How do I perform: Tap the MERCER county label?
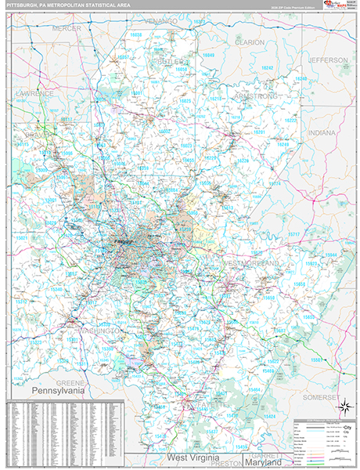coord(67,28)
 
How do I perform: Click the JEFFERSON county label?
coord(327,60)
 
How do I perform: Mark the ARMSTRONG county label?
coord(256,96)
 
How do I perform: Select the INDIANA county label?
coord(321,133)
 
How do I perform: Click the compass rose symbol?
coord(344,407)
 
